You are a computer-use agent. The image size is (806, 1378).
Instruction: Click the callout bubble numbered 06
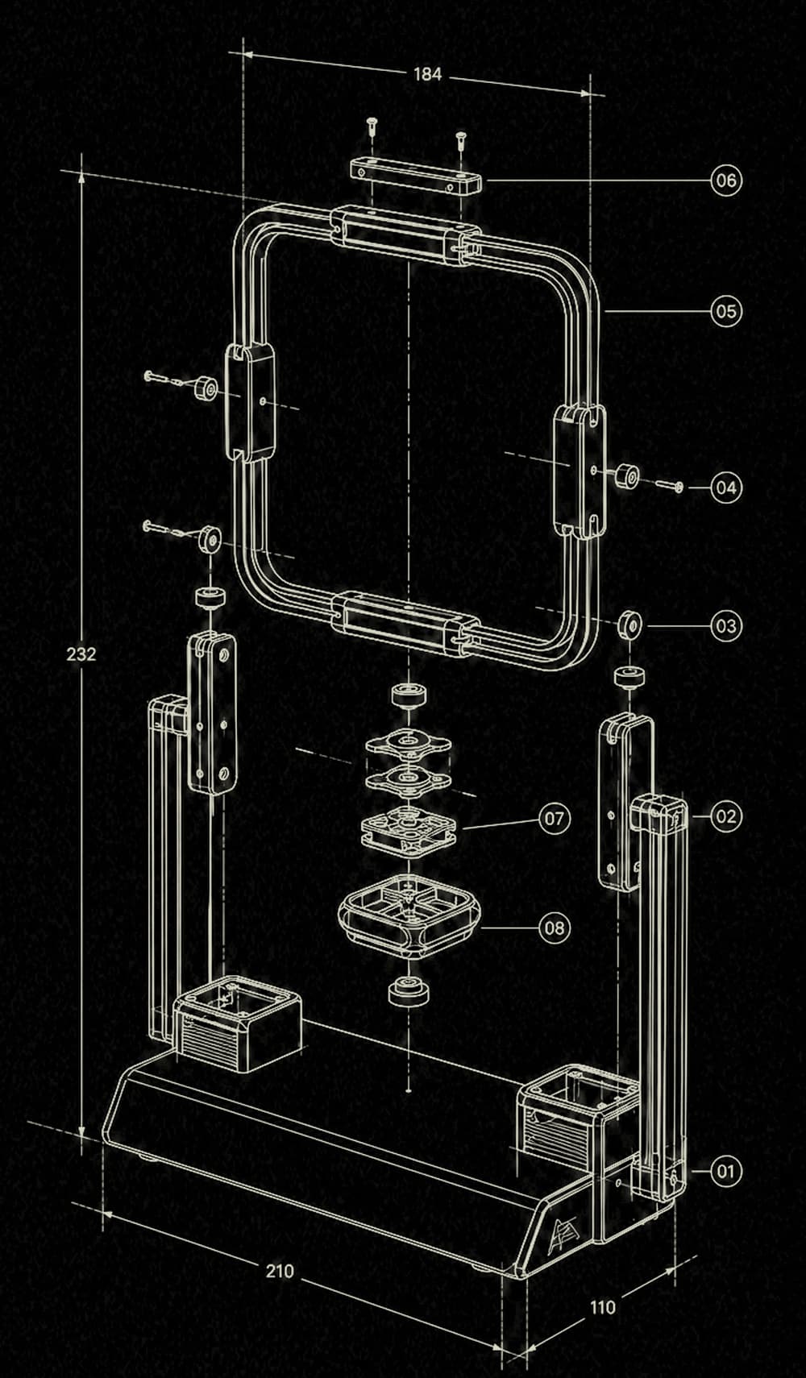click(726, 181)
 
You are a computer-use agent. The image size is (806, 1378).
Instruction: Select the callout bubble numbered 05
click(726, 311)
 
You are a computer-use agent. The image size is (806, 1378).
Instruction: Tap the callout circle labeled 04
click(726, 488)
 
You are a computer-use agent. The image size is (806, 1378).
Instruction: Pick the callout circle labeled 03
click(726, 625)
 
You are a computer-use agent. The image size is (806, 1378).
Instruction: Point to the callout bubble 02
click(726, 816)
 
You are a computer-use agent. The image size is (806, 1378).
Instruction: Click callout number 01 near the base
click(726, 1170)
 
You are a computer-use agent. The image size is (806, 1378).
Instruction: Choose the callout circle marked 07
click(555, 818)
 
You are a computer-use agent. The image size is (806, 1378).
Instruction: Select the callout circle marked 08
click(555, 927)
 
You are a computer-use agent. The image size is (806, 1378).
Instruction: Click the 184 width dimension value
click(427, 74)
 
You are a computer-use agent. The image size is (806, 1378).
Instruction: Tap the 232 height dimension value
click(81, 654)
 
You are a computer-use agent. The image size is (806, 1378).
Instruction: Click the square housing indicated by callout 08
click(407, 916)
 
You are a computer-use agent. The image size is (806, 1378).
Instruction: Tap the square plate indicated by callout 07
click(407, 830)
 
